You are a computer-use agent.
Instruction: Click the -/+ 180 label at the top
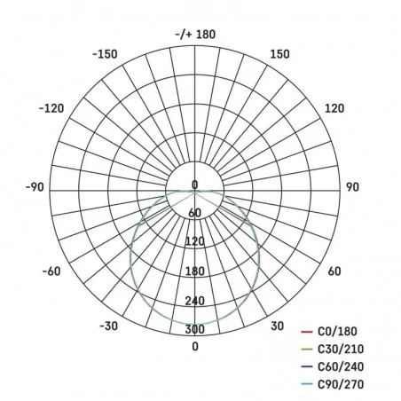tap(196, 35)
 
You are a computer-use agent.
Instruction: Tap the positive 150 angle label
tap(279, 54)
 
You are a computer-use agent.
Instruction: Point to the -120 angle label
tap(51, 108)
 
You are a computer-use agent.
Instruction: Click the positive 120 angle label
tap(334, 108)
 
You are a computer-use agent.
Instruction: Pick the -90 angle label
tap(35, 187)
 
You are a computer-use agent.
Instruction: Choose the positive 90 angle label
tap(351, 187)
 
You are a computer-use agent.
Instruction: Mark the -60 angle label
tap(50, 271)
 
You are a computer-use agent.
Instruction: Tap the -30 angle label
tap(108, 326)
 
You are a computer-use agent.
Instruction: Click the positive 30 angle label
tap(277, 326)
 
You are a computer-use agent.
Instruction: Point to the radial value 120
tap(195, 241)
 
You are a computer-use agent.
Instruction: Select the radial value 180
tap(195, 271)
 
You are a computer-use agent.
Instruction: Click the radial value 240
tap(195, 300)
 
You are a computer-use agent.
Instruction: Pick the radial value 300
tap(195, 329)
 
